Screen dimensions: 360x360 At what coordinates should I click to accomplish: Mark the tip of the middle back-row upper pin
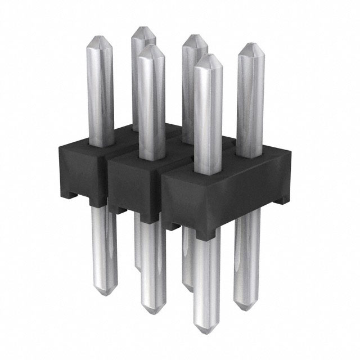tap(194, 37)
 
